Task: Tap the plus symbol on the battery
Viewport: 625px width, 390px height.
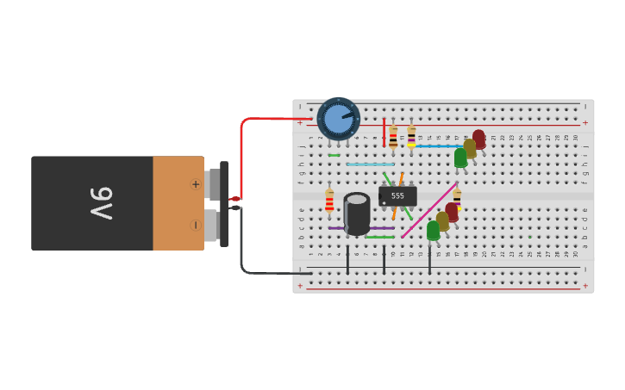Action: click(195, 184)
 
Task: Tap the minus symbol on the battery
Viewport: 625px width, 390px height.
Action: click(195, 226)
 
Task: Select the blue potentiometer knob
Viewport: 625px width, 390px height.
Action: click(338, 119)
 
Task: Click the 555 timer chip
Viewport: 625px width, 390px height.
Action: click(397, 196)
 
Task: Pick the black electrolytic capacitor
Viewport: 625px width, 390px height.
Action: click(357, 214)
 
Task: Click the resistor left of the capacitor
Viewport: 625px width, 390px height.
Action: click(329, 202)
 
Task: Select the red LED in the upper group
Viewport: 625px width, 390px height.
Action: click(478, 138)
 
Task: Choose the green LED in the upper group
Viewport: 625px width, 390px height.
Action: click(460, 158)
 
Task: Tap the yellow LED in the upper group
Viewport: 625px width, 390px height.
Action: click(470, 147)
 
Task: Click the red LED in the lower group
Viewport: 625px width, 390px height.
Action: click(452, 211)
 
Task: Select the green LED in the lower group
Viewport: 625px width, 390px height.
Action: click(433, 230)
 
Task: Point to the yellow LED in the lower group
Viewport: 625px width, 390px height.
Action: click(442, 220)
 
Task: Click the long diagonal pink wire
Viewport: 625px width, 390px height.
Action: click(429, 209)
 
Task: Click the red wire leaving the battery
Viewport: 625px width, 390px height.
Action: click(243, 155)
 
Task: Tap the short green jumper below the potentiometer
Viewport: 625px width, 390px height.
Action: click(334, 156)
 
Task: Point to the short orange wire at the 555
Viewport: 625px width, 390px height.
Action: click(401, 179)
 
